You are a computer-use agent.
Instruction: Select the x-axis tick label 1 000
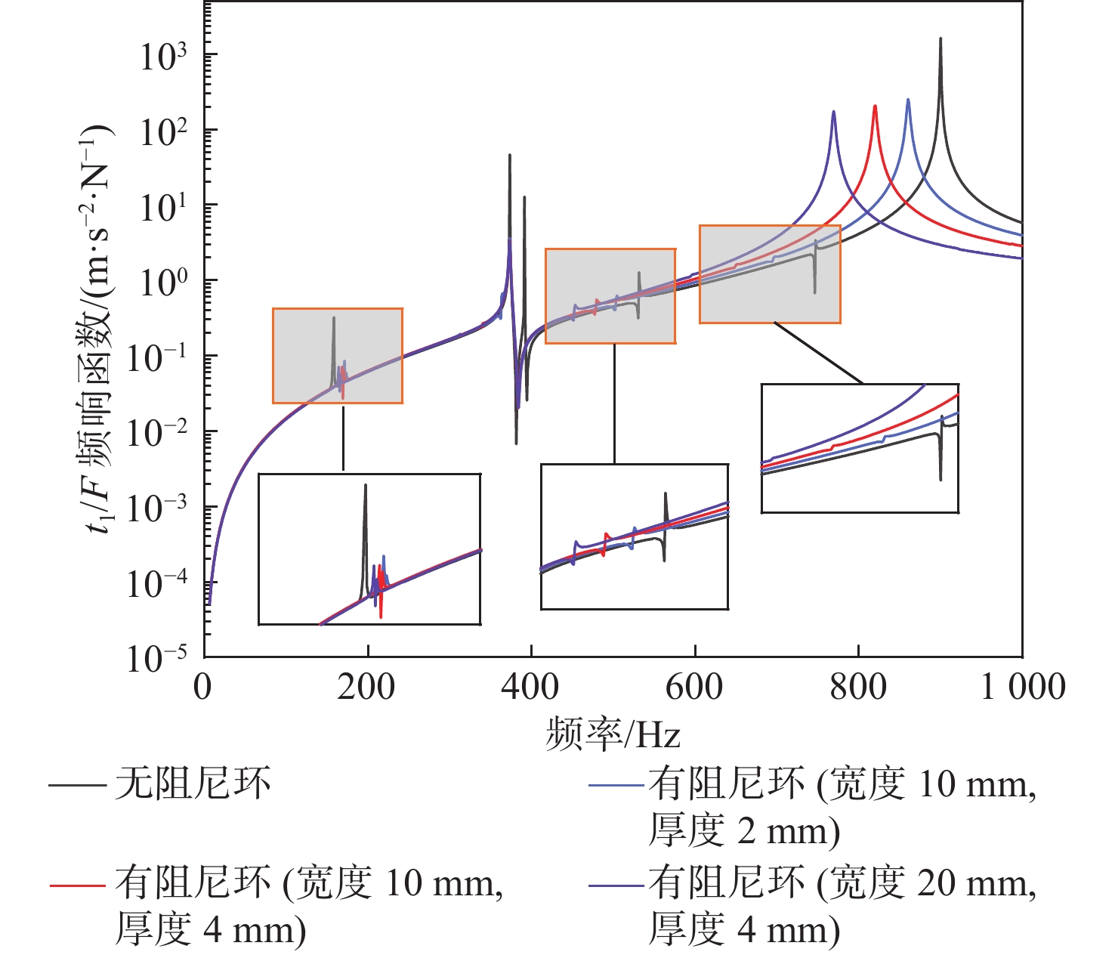pos(1023,688)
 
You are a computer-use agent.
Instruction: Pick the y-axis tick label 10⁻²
pos(159,434)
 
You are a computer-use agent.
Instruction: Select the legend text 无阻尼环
pos(193,784)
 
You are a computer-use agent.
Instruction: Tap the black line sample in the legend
pos(76,786)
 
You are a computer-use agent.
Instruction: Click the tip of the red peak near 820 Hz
pos(875,106)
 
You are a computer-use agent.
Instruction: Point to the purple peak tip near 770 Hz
pos(833,112)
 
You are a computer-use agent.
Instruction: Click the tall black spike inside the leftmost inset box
pos(365,486)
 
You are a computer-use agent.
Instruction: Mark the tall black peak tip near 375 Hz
pos(510,155)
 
